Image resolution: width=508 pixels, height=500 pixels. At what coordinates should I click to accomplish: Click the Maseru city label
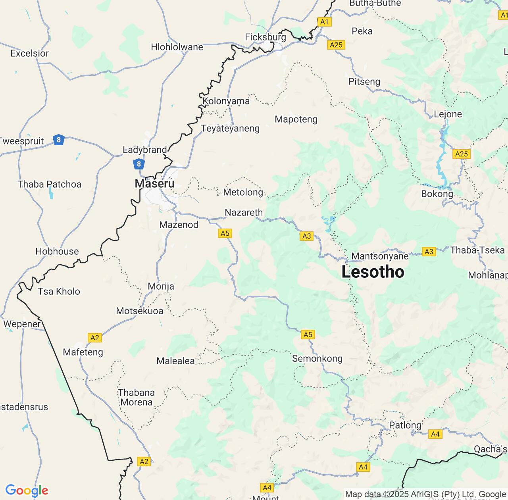154,183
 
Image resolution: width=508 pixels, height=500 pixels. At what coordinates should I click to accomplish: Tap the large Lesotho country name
373,272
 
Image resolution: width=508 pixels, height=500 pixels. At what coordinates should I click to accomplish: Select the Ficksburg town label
265,37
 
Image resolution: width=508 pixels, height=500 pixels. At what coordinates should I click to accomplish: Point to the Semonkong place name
317,359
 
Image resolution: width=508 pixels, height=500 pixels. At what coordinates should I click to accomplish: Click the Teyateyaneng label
230,129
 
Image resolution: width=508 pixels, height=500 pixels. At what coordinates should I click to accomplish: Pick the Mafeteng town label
83,352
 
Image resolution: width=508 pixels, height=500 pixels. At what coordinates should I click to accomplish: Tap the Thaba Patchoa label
49,184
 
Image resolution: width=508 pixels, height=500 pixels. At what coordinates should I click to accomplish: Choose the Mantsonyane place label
380,256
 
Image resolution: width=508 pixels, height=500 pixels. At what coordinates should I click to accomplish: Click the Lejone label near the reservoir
448,114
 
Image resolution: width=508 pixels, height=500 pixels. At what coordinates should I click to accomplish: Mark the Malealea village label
175,361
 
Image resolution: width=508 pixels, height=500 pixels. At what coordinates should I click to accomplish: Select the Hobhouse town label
57,251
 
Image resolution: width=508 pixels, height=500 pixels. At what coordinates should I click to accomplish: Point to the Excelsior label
29,53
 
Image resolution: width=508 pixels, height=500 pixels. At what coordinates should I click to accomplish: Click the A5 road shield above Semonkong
308,335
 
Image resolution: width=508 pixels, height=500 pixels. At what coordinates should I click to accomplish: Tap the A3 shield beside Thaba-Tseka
429,252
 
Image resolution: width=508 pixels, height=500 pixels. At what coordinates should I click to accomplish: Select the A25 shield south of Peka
336,45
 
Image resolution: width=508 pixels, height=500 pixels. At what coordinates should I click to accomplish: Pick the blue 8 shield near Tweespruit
59,140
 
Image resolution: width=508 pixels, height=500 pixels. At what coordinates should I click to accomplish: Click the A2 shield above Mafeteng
94,338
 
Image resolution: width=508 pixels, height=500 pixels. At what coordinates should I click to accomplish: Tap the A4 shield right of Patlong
435,434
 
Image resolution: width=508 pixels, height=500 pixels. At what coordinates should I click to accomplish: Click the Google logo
27,490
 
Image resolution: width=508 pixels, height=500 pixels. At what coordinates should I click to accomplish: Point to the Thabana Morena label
136,397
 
